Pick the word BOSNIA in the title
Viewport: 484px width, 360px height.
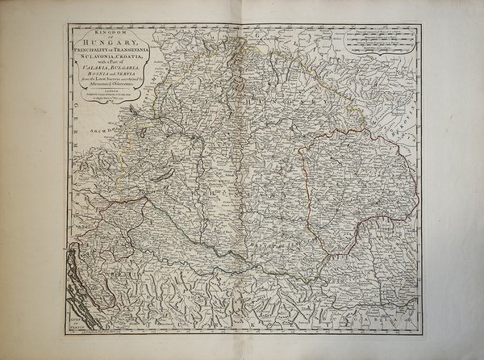tap(87, 86)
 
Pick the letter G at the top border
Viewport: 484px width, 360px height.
tap(251, 35)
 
